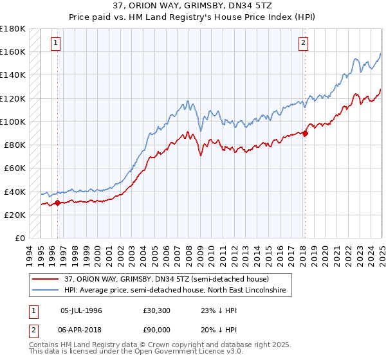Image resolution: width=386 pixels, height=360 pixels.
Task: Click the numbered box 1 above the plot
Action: (56, 44)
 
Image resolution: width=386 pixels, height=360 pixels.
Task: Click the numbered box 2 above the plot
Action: (303, 44)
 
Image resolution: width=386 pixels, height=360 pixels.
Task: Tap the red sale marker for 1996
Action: (57, 203)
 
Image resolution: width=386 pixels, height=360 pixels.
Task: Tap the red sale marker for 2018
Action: (305, 134)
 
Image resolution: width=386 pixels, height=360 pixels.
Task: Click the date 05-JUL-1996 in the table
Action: (82, 309)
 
